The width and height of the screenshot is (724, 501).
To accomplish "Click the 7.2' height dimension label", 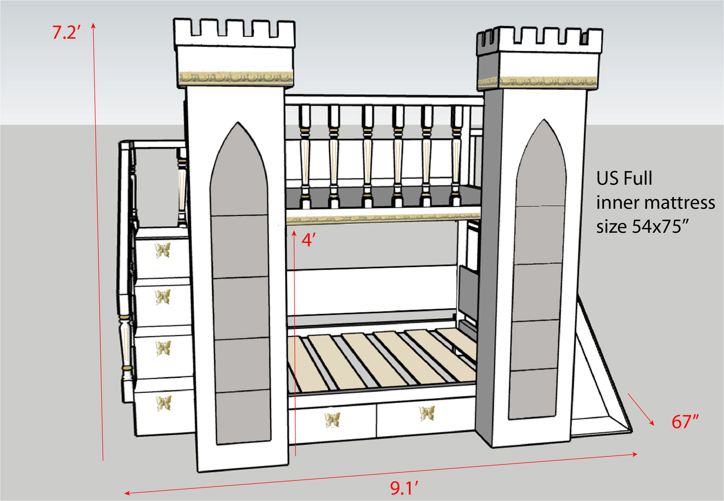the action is (66, 32).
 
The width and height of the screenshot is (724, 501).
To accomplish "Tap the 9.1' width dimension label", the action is (404, 488).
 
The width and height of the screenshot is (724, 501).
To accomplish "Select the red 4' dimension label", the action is (308, 240).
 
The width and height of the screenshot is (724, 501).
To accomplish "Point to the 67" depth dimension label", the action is (685, 421).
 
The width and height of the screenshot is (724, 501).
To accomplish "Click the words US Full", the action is (624, 178).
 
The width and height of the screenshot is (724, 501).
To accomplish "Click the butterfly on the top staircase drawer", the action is (162, 250).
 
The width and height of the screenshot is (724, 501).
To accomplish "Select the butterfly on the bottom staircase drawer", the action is (164, 403).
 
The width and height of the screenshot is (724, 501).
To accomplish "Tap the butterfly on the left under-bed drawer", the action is (333, 420).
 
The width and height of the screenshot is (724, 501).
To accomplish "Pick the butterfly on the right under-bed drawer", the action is (427, 413).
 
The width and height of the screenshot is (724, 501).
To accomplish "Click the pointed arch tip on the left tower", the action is (238, 122).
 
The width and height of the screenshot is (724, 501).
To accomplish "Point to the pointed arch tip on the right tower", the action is (544, 120).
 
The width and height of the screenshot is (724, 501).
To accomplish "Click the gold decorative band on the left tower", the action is (236, 79).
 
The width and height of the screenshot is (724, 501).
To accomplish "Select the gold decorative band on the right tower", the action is (538, 82).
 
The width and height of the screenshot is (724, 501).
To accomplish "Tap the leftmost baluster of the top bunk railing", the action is (305, 156).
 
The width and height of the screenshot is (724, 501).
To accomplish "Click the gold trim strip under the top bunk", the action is (383, 220).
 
